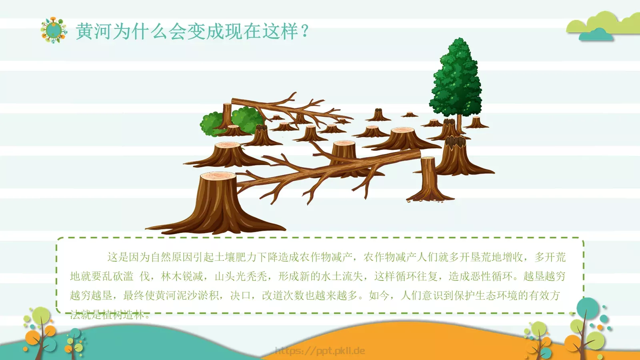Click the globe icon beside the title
pos(53,30)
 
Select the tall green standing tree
pos(456,80)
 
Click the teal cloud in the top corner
pos(596,35)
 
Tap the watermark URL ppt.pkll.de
pos(320,351)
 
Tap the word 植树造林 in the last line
pos(122,315)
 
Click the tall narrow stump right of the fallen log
pos(428,178)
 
